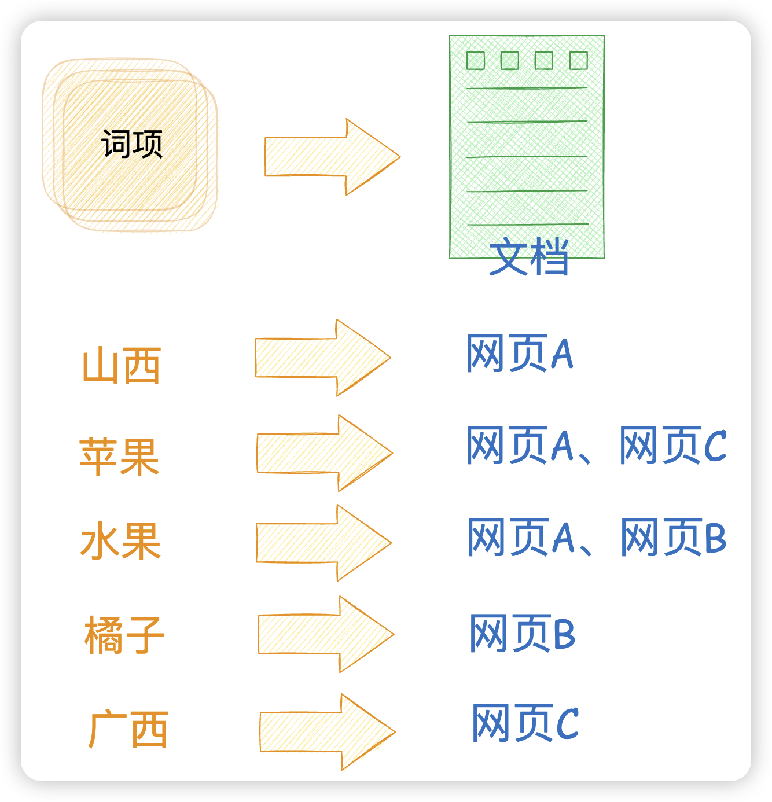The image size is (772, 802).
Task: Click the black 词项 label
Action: tap(132, 144)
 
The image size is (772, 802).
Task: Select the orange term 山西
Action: tap(122, 366)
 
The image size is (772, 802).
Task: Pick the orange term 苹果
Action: tap(119, 457)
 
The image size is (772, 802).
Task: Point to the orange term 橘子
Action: tap(124, 635)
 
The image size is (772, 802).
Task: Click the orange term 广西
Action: tap(128, 730)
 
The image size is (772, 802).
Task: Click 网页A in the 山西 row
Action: tap(519, 353)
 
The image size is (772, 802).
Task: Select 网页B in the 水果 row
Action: tap(673, 537)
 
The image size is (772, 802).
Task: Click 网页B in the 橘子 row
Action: tap(522, 633)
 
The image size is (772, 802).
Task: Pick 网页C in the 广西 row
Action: tap(525, 723)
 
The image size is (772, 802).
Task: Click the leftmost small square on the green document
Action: tap(476, 61)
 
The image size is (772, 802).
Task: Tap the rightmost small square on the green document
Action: tap(579, 61)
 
